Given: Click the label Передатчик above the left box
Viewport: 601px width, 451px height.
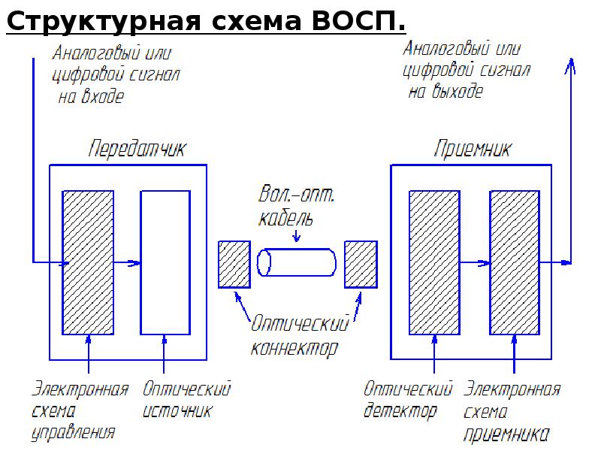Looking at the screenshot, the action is tap(137, 149).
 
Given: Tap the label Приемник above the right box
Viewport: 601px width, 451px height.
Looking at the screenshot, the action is tap(473, 149).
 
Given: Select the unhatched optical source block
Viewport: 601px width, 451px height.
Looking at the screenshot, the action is tap(165, 262).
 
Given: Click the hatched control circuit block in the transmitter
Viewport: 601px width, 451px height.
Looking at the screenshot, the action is tap(88, 262).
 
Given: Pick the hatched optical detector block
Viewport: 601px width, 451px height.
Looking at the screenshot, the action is tap(434, 262).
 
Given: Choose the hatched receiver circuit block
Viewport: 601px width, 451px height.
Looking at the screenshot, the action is tap(515, 262).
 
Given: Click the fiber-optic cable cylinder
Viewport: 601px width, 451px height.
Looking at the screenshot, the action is tap(296, 262).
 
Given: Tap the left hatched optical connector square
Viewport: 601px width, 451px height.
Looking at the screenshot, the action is tap(234, 265).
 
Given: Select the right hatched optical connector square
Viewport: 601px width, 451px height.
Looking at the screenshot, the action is tap(361, 265).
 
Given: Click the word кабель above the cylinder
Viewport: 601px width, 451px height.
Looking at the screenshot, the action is tap(285, 218).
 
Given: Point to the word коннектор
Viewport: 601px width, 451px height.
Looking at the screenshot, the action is tap(294, 348).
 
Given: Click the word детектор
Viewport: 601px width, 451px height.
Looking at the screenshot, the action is tap(400, 410).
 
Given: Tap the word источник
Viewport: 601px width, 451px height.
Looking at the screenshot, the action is tap(177, 410).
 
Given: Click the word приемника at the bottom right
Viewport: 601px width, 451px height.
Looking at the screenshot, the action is tap(506, 434).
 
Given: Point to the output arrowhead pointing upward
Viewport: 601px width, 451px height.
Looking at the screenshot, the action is tap(570, 66).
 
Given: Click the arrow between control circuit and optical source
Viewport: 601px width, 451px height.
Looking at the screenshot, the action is tap(127, 263).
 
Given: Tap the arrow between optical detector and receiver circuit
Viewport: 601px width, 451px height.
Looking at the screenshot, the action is tap(475, 263).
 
